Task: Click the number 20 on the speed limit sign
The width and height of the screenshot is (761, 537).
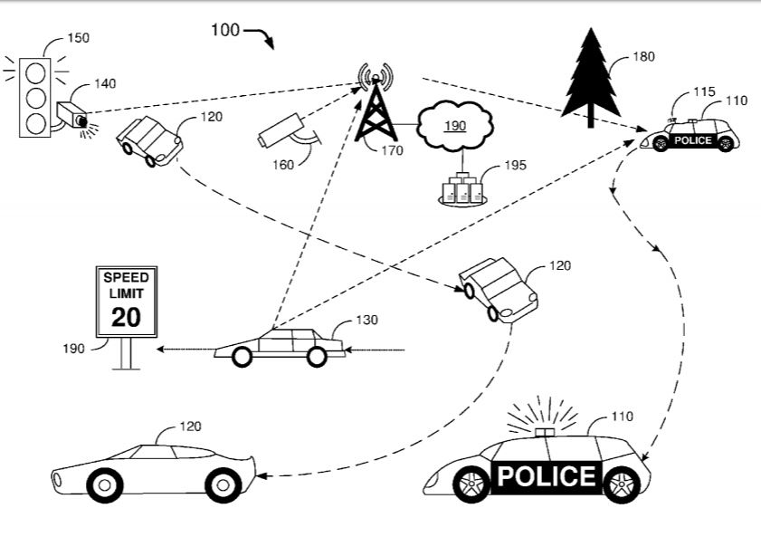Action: [x=126, y=317]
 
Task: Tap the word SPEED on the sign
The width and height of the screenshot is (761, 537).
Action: [x=126, y=278]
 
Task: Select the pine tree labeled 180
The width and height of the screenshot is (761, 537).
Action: [x=591, y=78]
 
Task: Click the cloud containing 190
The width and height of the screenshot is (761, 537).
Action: [x=455, y=126]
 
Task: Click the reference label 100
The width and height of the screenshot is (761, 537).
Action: [x=225, y=30]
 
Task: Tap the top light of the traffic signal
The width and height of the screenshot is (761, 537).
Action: [x=35, y=73]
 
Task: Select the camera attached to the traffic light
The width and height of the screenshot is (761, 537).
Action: [x=71, y=115]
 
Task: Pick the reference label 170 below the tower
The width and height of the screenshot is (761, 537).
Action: [x=392, y=150]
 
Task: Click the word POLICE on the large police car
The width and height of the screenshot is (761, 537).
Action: [x=547, y=476]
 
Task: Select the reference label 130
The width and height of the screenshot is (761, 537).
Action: [x=366, y=320]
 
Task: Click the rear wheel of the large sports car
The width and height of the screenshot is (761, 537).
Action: [x=105, y=485]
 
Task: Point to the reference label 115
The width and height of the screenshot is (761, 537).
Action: [x=704, y=91]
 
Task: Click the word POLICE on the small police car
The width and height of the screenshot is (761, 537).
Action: [x=693, y=140]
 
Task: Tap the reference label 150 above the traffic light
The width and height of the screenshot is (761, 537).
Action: [x=78, y=38]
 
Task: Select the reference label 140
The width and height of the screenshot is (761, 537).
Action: [x=105, y=83]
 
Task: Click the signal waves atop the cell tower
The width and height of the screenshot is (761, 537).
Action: [x=376, y=77]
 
